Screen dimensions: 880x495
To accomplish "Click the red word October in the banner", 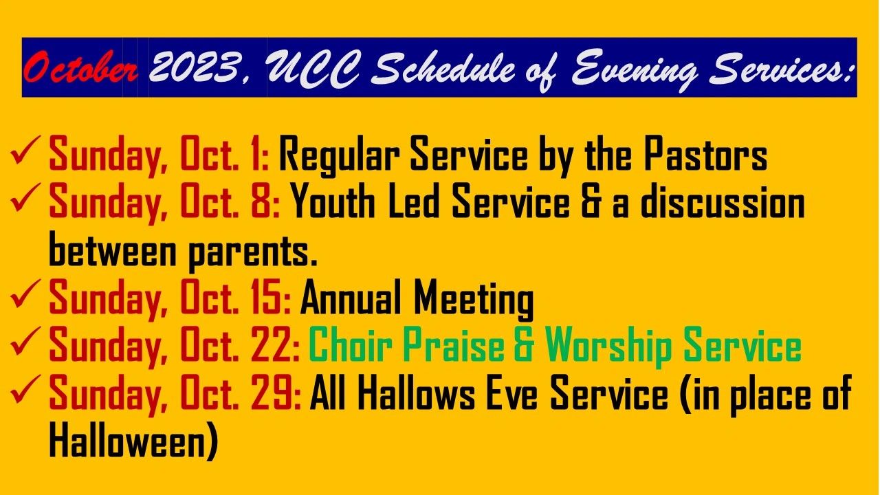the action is click(80, 67).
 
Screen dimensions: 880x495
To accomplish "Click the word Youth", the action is click(333, 201).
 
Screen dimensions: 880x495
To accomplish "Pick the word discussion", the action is click(722, 201).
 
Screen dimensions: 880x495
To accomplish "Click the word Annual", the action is click(351, 298).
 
